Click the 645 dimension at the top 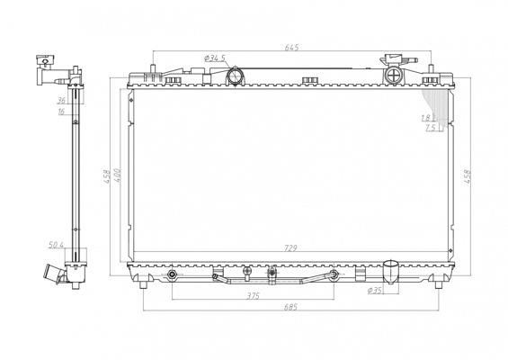(291, 48)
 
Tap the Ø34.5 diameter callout (215, 58)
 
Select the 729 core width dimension (290, 248)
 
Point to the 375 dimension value (253, 296)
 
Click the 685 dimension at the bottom (290, 307)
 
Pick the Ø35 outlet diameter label (375, 291)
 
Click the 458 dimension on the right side (468, 176)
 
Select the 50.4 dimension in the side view (56, 245)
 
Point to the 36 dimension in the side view (61, 101)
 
